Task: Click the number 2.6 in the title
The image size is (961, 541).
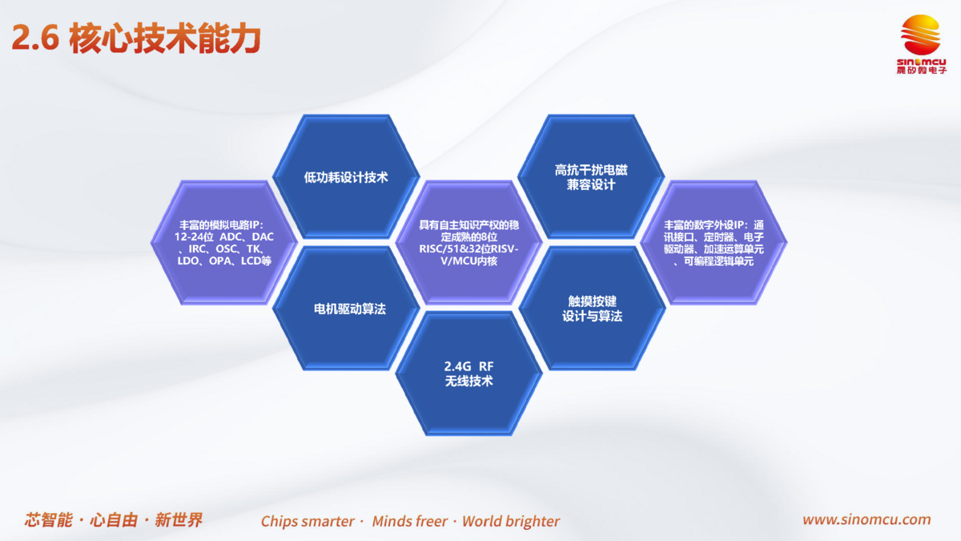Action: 35,38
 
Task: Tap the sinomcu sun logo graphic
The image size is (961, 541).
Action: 920,35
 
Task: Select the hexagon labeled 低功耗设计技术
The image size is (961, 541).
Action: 346,176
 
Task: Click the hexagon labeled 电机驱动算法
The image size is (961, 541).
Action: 346,309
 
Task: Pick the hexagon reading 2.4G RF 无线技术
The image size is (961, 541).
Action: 469,374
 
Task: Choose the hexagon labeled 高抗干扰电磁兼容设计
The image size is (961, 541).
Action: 591,176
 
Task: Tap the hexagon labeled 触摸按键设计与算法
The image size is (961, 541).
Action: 592,309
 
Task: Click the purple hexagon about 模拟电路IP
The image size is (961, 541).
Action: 224,243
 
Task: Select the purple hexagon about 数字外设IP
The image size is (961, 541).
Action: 714,243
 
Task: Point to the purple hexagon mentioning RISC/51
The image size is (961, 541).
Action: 469,243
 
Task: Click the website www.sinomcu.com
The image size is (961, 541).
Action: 867,519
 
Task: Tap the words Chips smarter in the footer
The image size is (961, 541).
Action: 308,521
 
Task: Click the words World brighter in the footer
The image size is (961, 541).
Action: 511,521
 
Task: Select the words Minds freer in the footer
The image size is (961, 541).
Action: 410,521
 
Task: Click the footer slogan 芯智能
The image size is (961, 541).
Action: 49,520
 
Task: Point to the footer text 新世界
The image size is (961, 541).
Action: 179,520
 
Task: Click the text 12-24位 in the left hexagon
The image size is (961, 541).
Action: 194,237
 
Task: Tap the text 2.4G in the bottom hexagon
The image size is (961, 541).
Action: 457,366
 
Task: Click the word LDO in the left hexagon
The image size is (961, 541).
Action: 188,260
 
